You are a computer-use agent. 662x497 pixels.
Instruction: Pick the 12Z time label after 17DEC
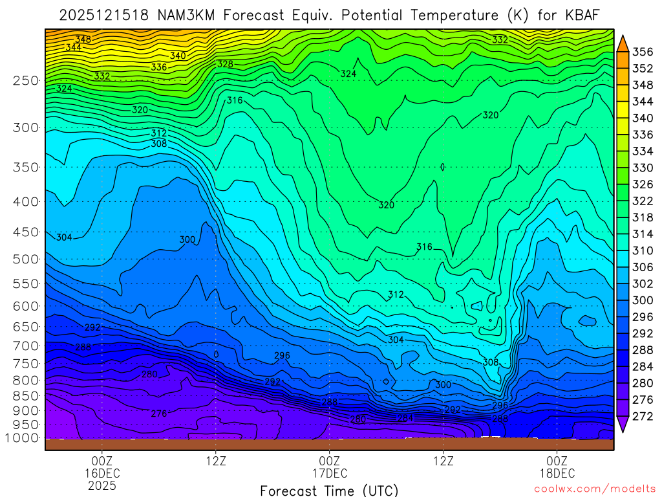[x=443, y=461]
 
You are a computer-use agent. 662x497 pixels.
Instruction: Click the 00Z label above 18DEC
[x=557, y=461]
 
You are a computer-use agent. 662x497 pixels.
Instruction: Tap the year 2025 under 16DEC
[x=102, y=485]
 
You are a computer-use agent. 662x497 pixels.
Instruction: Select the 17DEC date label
[x=330, y=473]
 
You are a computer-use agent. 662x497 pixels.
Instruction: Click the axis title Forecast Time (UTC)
[x=329, y=490]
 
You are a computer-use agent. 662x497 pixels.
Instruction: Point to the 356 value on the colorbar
[x=642, y=52]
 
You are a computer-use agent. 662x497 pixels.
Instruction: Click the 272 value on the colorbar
[x=642, y=416]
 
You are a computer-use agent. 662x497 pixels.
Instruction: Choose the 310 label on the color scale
[x=642, y=250]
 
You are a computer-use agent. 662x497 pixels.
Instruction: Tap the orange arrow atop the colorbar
[x=623, y=43]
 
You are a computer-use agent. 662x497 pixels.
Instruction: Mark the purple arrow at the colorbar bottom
[x=623, y=424]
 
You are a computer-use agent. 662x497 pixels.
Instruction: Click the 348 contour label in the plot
[x=83, y=39]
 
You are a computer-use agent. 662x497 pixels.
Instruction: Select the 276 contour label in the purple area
[x=159, y=414]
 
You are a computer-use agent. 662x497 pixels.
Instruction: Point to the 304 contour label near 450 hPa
[x=64, y=237]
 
